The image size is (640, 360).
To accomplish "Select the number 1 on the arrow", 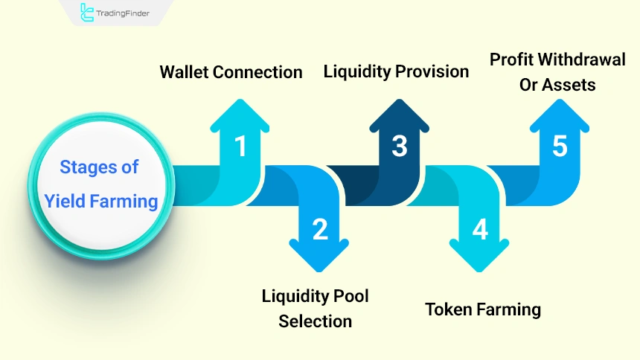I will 240,146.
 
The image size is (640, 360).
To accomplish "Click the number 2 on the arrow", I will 320,230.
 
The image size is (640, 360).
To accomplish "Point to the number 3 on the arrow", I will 400,146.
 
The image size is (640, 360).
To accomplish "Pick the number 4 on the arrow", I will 480,230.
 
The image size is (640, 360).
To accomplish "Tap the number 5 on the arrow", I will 560,146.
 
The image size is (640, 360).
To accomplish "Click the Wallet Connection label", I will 231,72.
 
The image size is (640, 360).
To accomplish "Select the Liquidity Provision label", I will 396,71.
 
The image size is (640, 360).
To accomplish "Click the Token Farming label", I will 482,309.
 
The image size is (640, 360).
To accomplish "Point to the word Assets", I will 569,85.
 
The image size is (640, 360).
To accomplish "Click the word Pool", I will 351,296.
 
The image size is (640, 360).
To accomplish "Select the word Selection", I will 315,321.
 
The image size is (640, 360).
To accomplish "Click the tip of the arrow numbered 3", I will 400,100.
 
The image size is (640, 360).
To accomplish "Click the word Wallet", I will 185,72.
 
